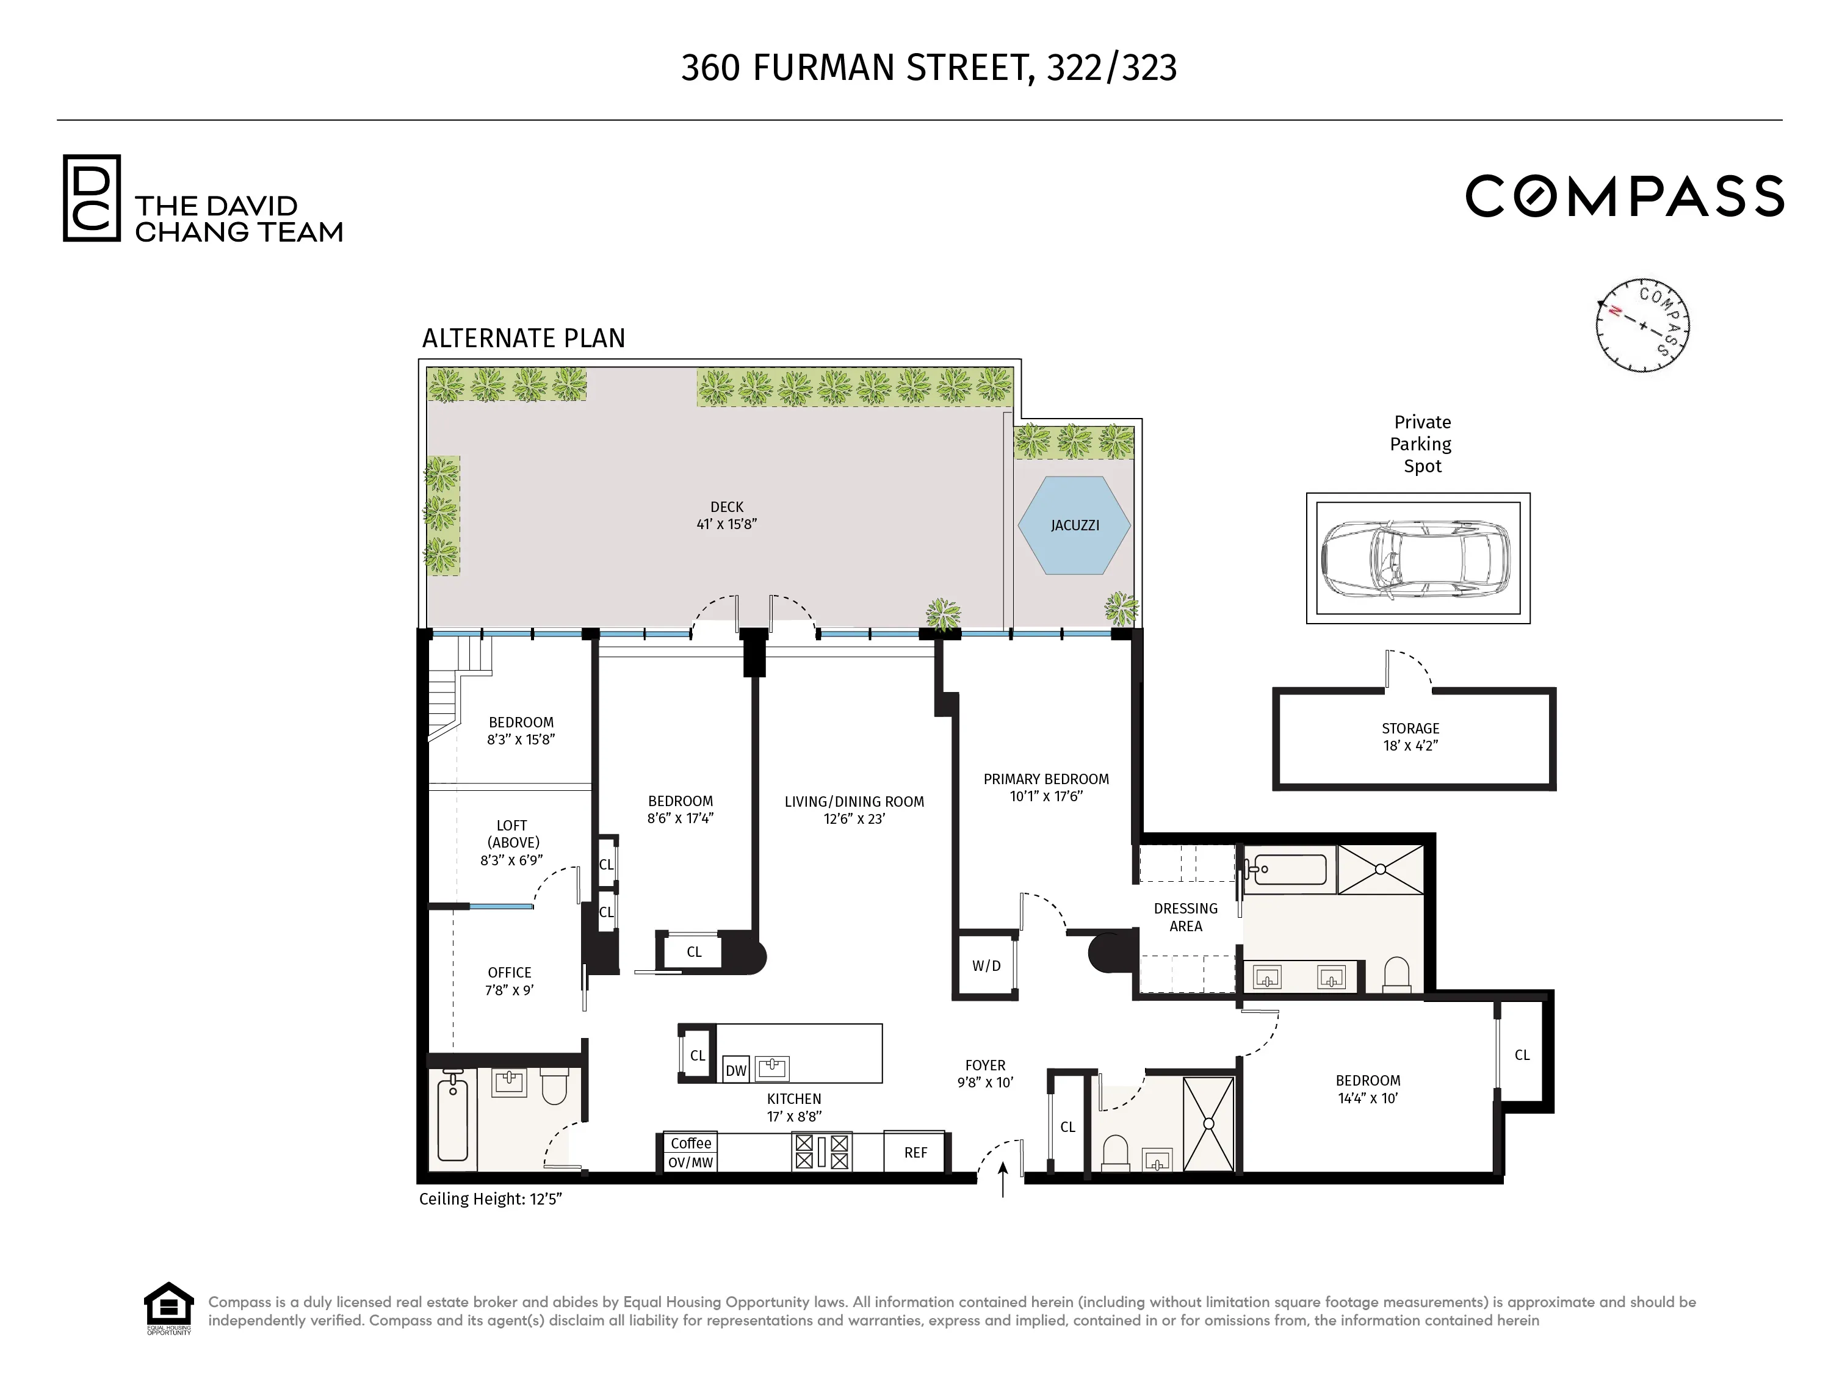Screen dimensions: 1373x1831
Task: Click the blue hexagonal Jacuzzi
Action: pos(1074,525)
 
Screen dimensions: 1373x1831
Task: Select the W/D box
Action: pos(985,965)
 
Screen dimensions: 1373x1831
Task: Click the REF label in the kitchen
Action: pos(915,1152)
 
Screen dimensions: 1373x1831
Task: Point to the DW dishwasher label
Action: pos(735,1070)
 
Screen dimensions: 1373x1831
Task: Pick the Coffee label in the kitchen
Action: pos(690,1143)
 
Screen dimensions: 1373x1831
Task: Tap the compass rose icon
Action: pos(1642,325)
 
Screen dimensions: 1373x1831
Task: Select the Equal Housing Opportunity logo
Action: pos(169,1308)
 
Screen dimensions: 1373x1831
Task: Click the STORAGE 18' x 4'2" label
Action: pos(1410,736)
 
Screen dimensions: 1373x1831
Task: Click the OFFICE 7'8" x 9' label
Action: pos(509,981)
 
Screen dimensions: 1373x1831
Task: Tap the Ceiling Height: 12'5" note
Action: pos(490,1198)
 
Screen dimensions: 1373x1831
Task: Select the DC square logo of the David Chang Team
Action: pos(92,198)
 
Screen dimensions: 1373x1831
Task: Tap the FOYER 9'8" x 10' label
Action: pos(984,1073)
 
